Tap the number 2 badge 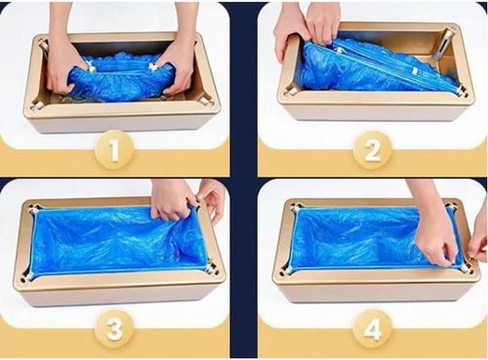372,151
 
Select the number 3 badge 114,329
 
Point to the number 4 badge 372,330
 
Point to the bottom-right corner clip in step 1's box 206,103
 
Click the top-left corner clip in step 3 34,209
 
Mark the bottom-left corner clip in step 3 29,275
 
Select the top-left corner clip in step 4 297,208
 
